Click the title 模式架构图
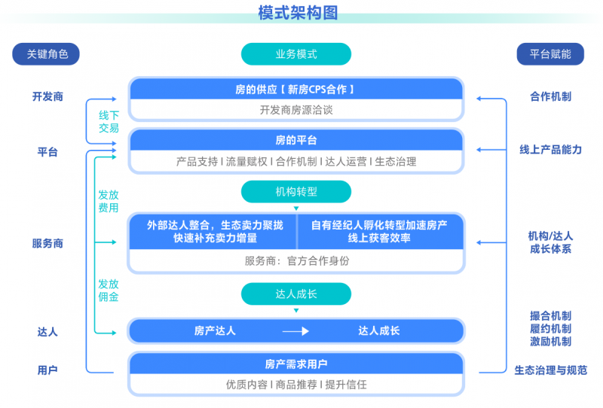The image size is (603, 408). pos(298,13)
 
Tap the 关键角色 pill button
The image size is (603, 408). pos(46,53)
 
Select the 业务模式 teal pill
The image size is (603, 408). pos(296,53)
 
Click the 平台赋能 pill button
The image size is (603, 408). pos(550,53)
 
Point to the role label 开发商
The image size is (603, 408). pos(47,96)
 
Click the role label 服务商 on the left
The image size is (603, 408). pos(47,243)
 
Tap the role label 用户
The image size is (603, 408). pos(47,370)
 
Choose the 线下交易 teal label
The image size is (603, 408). pos(109,121)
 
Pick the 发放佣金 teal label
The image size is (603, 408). pos(109,290)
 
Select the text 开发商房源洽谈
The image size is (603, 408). pos(296,110)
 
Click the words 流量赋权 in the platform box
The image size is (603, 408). pos(246,162)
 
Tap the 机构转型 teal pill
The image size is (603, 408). pos(296,191)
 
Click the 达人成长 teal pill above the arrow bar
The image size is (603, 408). pos(296,294)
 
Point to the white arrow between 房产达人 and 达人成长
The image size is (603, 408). pos(295,331)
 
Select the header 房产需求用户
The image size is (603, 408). pos(296,364)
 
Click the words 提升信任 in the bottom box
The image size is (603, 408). pos(346,385)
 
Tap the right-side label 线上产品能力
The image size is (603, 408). pos(550,150)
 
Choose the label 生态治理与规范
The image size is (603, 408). pos(550,370)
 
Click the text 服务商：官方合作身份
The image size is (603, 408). pos(297,261)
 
